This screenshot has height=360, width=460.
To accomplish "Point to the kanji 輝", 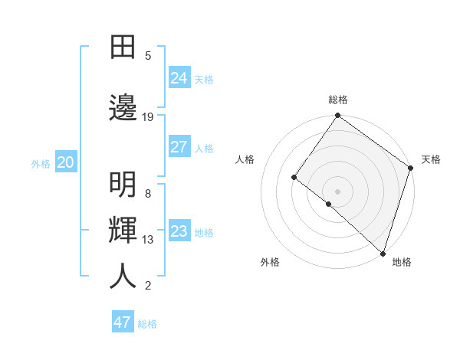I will click(123, 231).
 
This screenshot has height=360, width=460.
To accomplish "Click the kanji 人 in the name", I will click(123, 277).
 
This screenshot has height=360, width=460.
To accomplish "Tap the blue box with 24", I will click(179, 77).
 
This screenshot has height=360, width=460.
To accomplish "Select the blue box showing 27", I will click(179, 147).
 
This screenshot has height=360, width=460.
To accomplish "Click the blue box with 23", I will click(179, 231).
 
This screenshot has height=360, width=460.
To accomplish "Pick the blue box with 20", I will click(66, 162).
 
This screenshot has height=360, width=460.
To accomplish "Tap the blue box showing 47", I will click(123, 322).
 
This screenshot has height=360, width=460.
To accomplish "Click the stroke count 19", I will click(148, 117).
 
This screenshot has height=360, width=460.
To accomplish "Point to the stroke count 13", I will click(148, 240).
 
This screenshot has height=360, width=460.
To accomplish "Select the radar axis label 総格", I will click(338, 100).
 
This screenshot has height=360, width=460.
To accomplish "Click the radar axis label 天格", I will click(431, 159).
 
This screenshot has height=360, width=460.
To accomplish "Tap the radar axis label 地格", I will click(402, 262).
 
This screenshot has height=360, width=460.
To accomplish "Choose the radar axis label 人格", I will click(245, 159).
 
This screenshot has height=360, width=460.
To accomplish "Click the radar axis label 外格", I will click(270, 262).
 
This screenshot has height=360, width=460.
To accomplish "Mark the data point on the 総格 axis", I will click(338, 116).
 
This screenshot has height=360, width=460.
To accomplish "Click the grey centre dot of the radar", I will click(337, 191).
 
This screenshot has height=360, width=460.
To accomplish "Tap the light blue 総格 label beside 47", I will click(148, 324).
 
